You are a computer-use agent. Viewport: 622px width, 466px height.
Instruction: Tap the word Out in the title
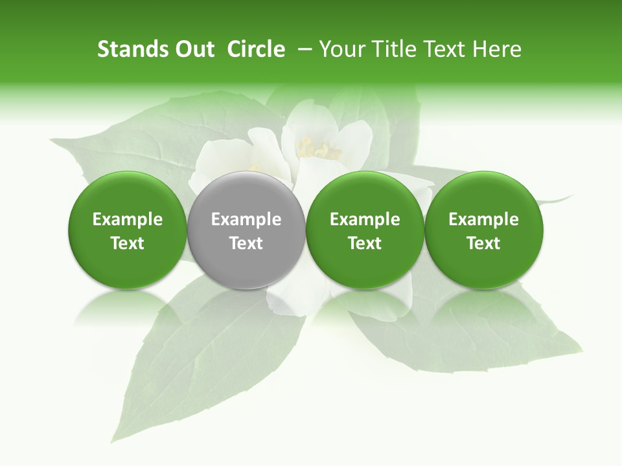[192, 49]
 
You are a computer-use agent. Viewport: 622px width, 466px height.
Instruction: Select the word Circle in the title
[256, 49]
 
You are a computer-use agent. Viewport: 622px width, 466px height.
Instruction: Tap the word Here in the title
[496, 49]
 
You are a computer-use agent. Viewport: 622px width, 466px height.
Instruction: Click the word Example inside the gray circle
[246, 219]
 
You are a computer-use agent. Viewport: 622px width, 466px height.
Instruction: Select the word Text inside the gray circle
[246, 243]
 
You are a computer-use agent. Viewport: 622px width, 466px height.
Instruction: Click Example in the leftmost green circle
[128, 219]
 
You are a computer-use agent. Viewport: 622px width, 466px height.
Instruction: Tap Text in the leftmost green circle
[128, 243]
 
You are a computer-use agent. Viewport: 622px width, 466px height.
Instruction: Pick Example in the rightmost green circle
[484, 219]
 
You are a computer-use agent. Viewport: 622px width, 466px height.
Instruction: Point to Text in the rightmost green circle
[484, 243]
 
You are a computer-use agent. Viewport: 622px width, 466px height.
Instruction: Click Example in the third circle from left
[365, 219]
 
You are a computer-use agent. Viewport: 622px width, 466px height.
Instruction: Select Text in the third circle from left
[365, 243]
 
